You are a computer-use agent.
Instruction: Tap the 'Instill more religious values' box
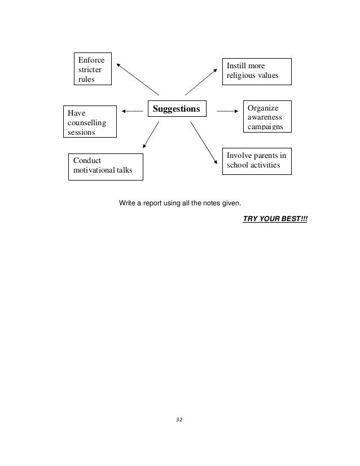click(x=257, y=72)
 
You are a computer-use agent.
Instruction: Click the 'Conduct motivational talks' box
click(x=106, y=166)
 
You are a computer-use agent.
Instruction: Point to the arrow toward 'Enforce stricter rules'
click(x=138, y=78)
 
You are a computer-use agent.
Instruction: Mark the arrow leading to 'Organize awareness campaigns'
click(x=228, y=111)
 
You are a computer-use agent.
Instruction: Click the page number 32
click(x=180, y=420)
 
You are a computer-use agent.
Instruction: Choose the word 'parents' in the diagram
click(x=265, y=156)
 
